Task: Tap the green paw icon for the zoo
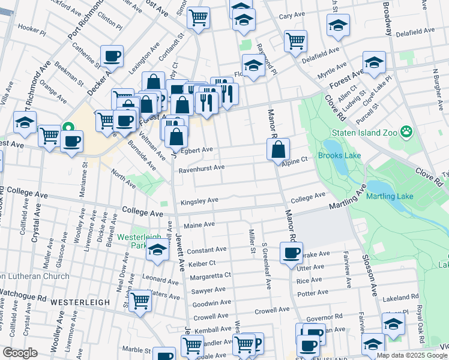pyautogui.click(x=407, y=130)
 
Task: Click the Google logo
pyautogui.click(x=20, y=353)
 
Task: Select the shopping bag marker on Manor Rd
pyautogui.click(x=279, y=150)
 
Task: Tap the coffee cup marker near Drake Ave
pyautogui.click(x=292, y=253)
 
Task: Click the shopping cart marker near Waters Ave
pyautogui.click(x=140, y=301)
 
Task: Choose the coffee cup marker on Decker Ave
pyautogui.click(x=112, y=56)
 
